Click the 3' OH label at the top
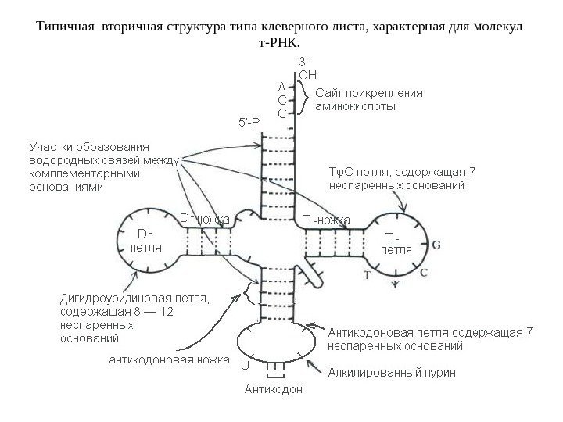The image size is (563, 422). [x=307, y=69]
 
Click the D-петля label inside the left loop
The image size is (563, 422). [x=145, y=240]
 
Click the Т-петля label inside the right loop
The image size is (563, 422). [x=396, y=243]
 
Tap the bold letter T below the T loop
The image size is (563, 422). [x=366, y=275]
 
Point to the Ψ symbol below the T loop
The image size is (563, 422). [x=395, y=285]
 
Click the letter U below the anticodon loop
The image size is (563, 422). [x=243, y=365]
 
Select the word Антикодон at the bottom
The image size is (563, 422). [x=274, y=388]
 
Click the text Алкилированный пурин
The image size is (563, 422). [x=392, y=372]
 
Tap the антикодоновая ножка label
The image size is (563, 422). [x=167, y=361]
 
